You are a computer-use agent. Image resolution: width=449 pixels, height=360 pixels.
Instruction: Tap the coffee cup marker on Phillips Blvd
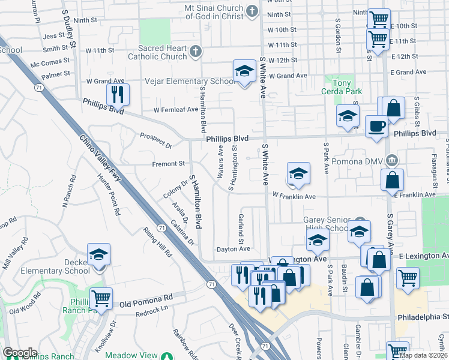(376, 127)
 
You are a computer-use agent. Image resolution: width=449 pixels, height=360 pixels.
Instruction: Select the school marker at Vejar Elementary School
(244, 71)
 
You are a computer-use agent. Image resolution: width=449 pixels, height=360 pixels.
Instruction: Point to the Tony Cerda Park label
(339, 86)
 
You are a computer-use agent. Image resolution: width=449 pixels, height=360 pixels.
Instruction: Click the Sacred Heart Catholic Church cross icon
(195, 52)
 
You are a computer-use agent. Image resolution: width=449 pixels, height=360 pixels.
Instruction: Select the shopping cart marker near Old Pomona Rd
(101, 298)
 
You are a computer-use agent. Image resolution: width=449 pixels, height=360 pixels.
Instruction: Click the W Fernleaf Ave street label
(175, 110)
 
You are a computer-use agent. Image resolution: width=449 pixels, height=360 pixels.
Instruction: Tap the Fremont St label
(169, 163)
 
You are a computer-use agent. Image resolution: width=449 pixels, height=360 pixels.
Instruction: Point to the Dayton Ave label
(233, 249)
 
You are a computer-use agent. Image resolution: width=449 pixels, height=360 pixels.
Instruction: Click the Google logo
(20, 353)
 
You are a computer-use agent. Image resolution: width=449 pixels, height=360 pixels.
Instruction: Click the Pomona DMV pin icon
(391, 160)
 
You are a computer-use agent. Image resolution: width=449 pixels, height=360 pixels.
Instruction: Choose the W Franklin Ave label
(294, 196)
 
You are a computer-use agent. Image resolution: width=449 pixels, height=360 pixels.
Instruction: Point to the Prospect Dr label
(155, 140)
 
